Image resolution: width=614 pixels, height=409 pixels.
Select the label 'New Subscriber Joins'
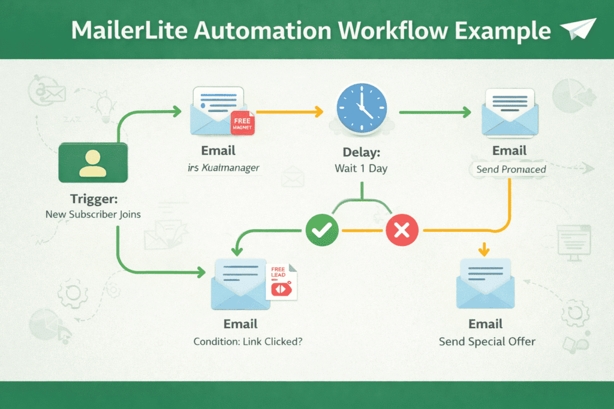93,214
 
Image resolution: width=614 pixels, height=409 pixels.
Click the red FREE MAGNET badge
243,123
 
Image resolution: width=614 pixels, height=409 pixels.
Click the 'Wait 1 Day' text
361,168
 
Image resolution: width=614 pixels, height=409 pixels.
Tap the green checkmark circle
322,229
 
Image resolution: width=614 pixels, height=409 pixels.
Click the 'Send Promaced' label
511,169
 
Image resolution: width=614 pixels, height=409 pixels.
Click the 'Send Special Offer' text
487,341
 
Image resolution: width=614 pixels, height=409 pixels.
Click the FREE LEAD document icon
281,282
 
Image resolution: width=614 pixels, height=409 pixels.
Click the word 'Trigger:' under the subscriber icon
93,198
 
